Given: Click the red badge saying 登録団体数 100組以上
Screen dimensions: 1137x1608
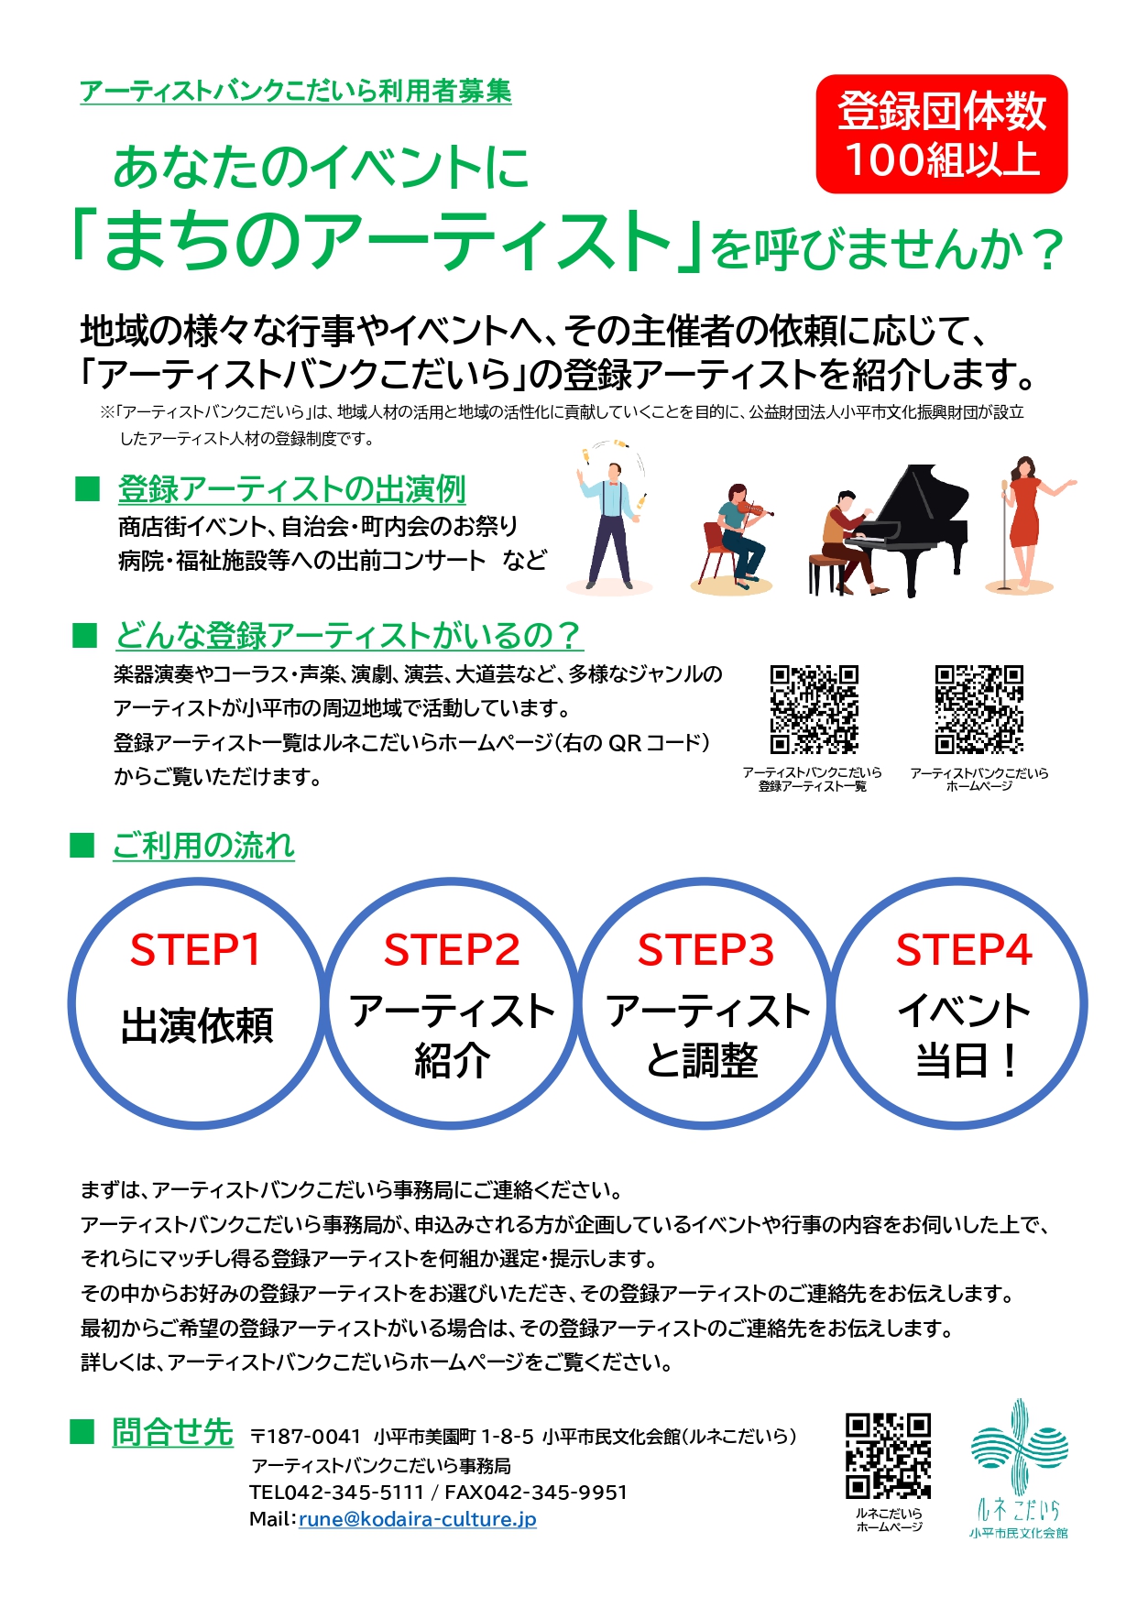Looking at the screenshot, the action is point(942,135).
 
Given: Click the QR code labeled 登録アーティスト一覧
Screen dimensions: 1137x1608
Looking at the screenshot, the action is point(814,709).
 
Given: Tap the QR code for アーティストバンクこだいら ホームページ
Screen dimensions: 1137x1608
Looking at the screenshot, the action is point(978,709).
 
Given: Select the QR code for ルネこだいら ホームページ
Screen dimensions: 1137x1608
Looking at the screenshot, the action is point(888,1456).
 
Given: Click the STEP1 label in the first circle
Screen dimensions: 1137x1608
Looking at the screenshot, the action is point(196,950).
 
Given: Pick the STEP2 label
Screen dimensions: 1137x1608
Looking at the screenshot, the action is point(452,950).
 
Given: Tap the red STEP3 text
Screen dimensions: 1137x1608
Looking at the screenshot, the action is point(706,950).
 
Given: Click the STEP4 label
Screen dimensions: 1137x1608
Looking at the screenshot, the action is point(964,950).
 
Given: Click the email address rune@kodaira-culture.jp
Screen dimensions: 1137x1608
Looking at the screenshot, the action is point(418,1519).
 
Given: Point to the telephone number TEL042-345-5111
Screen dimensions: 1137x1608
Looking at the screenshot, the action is point(336,1493).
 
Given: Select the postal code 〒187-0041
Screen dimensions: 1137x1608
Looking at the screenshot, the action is point(305,1436).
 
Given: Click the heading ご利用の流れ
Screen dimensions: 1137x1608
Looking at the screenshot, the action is point(203,846).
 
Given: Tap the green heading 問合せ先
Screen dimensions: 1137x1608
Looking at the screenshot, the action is point(172,1432).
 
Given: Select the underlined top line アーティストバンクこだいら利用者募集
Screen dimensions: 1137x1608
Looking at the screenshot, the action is point(296,92).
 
